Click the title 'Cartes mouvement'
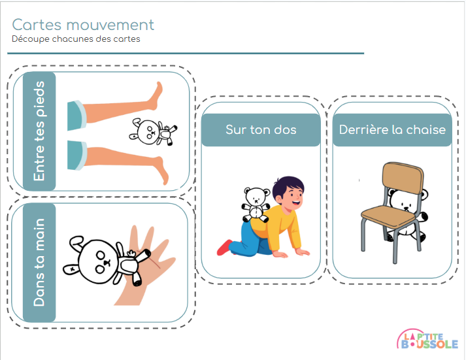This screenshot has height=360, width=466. click(83, 25)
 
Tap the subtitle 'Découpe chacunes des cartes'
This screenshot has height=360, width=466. click(76, 39)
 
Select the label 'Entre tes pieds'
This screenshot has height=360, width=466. click(39, 131)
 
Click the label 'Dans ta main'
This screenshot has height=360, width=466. click(39, 263)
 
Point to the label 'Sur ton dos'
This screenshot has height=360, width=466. click(261, 129)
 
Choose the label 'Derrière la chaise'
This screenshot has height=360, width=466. click(392, 129)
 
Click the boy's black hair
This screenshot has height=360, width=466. click(286, 186)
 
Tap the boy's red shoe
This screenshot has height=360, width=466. click(224, 247)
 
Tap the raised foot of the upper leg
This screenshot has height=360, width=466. click(157, 97)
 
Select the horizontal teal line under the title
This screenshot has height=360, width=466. click(187, 54)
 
